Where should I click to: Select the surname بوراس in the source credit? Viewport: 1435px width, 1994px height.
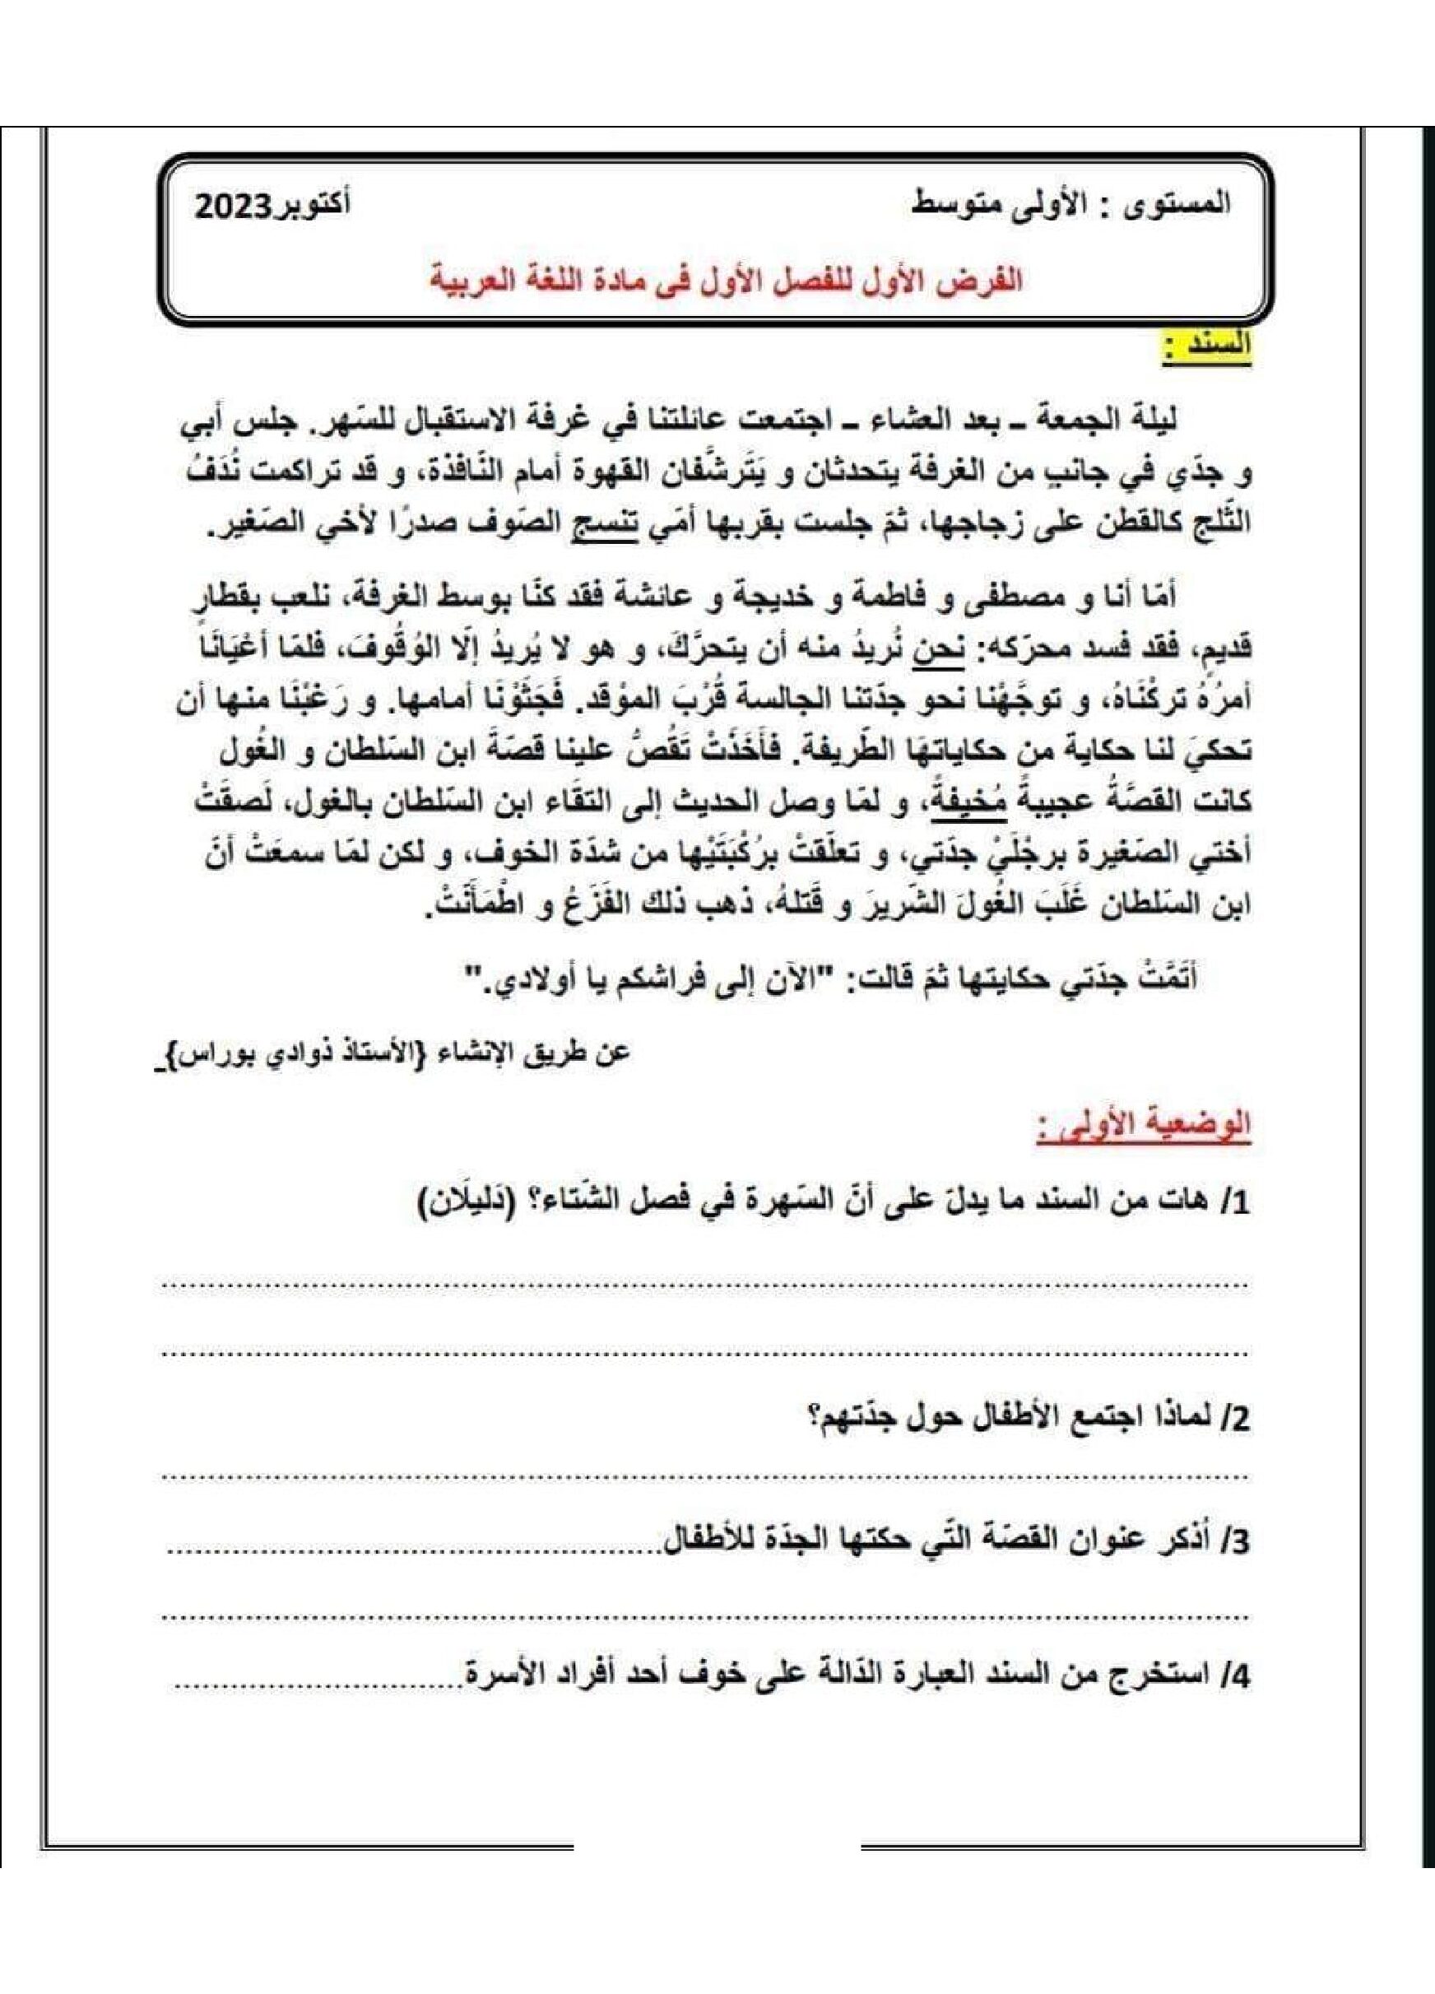(x=208, y=1053)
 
